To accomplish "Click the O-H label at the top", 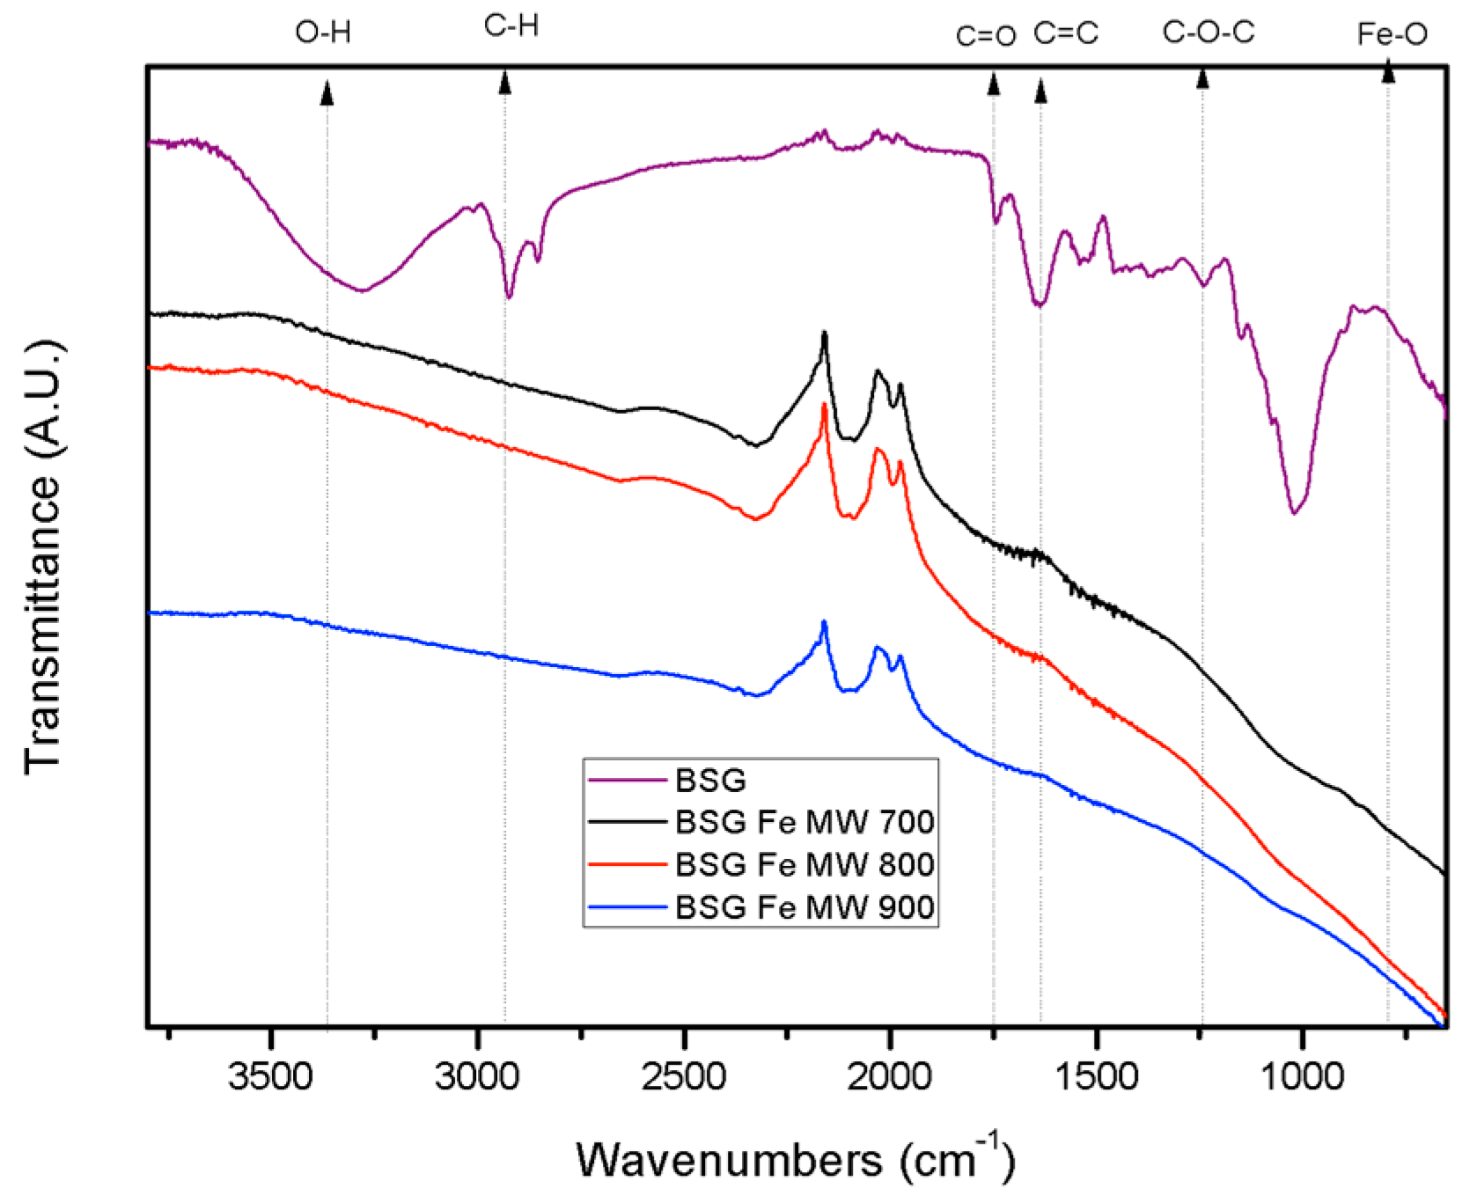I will (x=323, y=33).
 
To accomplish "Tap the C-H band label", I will (x=511, y=26).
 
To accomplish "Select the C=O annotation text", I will (x=986, y=36).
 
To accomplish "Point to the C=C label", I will (x=1066, y=33).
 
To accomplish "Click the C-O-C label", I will (x=1209, y=33).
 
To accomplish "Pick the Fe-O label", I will (x=1392, y=34).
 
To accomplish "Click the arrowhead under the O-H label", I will (x=327, y=92).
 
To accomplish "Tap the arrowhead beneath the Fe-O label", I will (x=1388, y=71).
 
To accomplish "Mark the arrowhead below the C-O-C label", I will (x=1202, y=78).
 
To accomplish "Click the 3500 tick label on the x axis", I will (x=270, y=1076).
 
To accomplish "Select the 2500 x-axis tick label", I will (x=683, y=1076).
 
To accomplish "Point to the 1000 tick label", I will (x=1302, y=1076).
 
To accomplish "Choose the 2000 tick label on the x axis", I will (x=889, y=1076).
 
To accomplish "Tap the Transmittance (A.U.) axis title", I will (x=44, y=556).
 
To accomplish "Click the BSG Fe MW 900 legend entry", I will (x=804, y=906).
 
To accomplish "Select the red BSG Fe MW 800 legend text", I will (x=804, y=864).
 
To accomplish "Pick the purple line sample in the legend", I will (x=627, y=780).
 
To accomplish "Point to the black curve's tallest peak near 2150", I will (x=824, y=334).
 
